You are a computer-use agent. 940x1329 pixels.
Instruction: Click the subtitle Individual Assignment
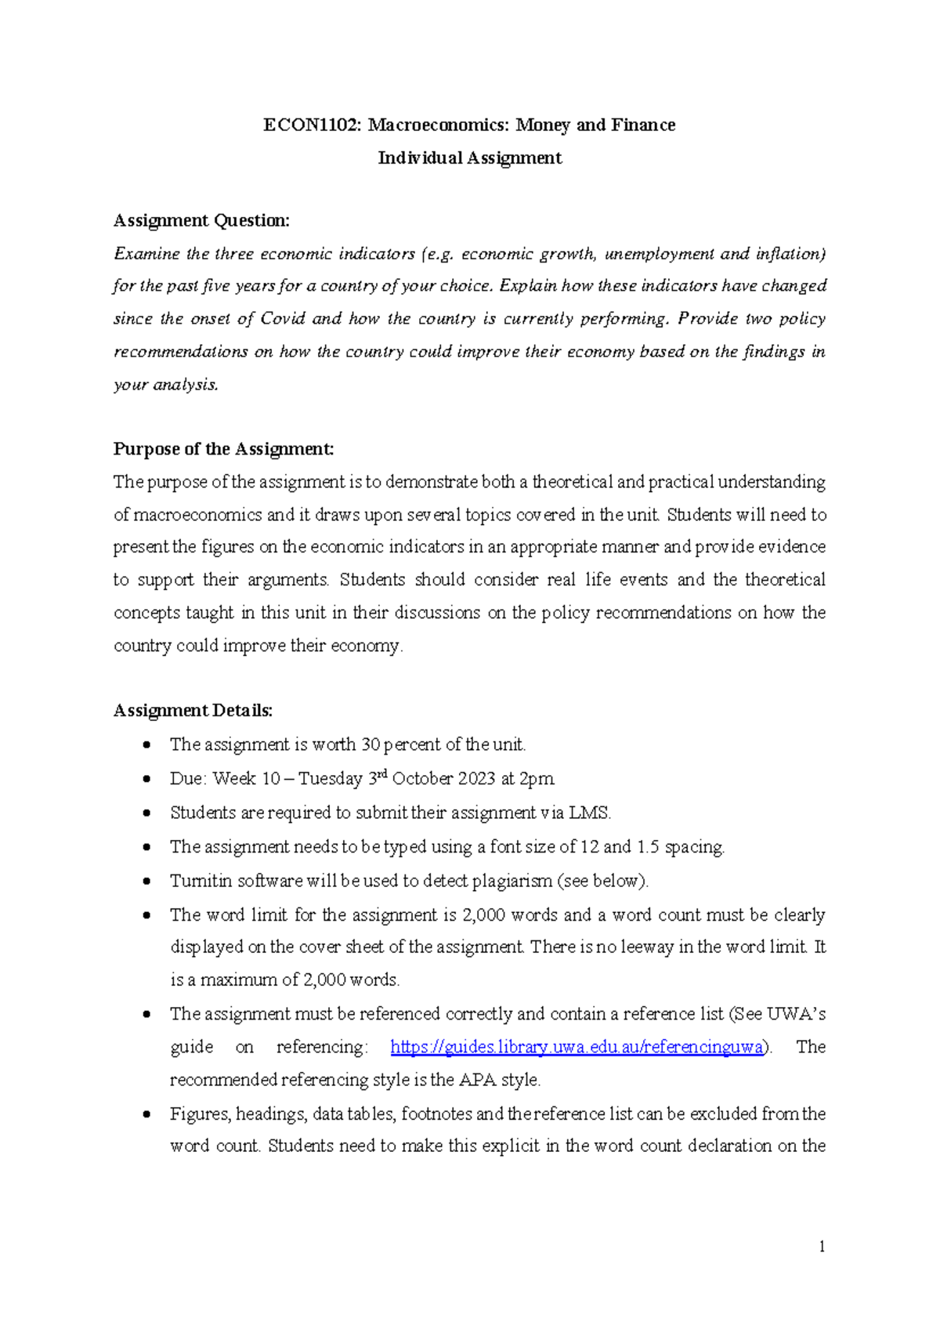(x=469, y=158)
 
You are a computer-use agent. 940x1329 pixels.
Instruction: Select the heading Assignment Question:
(x=201, y=221)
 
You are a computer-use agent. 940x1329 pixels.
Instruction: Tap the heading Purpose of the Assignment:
(x=223, y=449)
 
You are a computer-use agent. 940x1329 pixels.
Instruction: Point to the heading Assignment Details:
(x=193, y=711)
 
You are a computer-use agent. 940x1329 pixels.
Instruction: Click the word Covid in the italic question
(x=282, y=319)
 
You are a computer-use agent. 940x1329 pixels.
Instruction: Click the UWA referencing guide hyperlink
(x=576, y=1048)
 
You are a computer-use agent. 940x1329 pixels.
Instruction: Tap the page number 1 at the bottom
(x=822, y=1247)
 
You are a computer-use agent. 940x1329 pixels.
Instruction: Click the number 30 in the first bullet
(x=371, y=744)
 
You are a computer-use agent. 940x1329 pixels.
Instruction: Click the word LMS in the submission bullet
(x=589, y=813)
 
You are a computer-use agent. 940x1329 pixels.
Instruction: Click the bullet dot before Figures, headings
(x=146, y=1114)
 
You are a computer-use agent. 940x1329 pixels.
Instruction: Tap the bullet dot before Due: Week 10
(x=146, y=779)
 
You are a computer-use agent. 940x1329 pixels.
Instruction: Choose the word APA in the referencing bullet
(x=478, y=1080)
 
